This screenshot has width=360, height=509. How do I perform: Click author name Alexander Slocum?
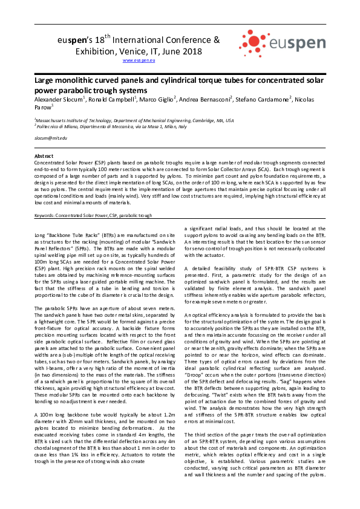[x=59, y=99]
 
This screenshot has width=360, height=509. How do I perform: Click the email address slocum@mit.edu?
[x=50, y=138]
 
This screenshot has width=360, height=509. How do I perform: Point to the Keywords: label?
[x=48, y=215]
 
